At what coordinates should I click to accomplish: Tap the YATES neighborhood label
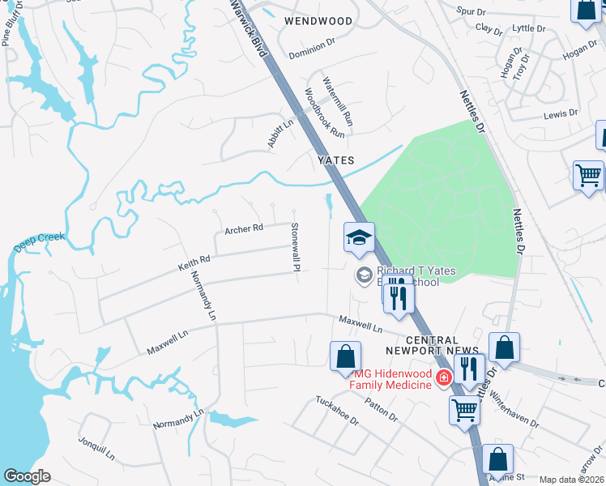(x=335, y=160)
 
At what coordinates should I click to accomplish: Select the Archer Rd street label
(x=244, y=228)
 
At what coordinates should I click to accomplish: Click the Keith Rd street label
(x=194, y=262)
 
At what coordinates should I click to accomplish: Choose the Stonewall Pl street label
(x=296, y=246)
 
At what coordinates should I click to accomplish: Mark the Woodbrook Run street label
(x=325, y=113)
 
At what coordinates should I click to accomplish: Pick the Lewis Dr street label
(x=561, y=114)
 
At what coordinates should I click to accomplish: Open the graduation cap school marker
(x=358, y=237)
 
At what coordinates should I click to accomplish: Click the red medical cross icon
(x=443, y=377)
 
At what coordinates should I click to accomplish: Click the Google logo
(x=27, y=476)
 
